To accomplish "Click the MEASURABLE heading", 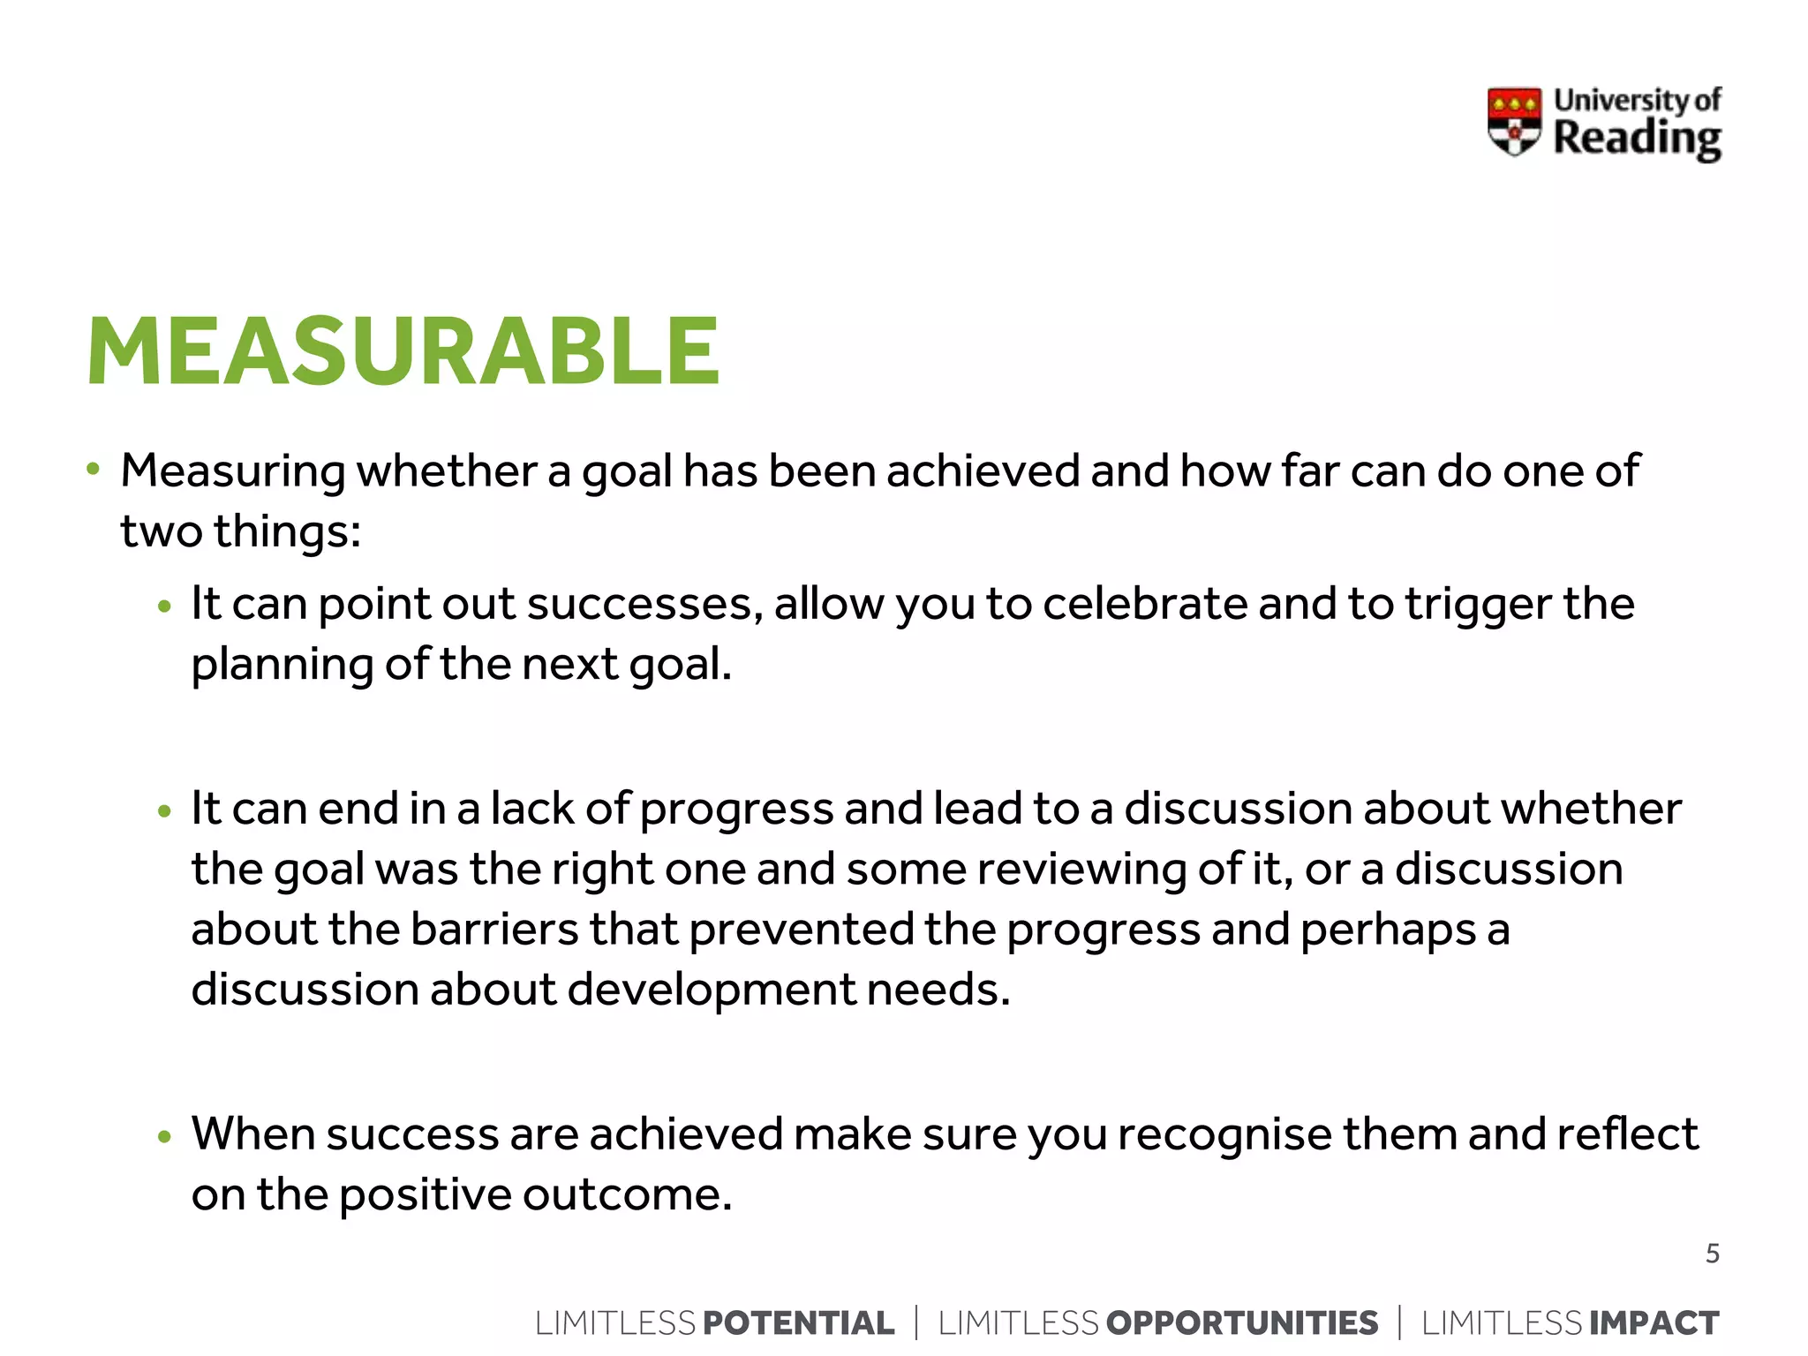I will (403, 352).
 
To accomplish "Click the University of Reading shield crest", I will (1514, 121).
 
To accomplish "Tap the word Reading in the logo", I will (1637, 139).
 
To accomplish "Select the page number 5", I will (1712, 1254).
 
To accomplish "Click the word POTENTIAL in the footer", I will (798, 1322).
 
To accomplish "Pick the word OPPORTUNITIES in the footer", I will (1241, 1322).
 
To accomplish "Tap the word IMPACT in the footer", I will (1654, 1322).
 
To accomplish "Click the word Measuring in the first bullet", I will (232, 471).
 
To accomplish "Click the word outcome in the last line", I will (627, 1194).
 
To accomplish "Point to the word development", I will (711, 990).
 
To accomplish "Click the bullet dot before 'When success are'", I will (163, 1137).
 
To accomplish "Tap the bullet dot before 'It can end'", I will (163, 811).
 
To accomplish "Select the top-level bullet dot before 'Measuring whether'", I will (93, 469).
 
